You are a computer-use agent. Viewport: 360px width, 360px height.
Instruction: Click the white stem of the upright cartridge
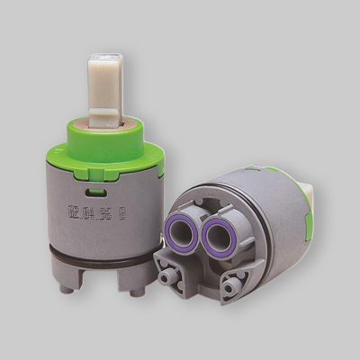(102, 85)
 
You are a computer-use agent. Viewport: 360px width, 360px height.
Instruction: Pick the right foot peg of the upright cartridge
(134, 290)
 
